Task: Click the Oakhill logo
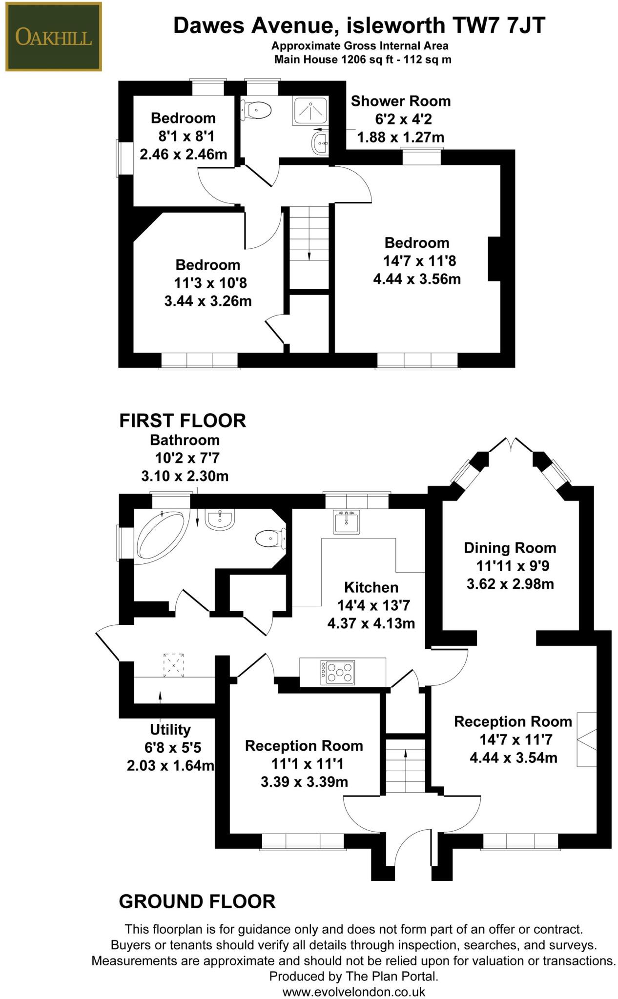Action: click(x=53, y=37)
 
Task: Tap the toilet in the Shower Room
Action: click(x=257, y=110)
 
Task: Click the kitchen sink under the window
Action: click(x=347, y=521)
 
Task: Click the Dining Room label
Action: click(x=510, y=548)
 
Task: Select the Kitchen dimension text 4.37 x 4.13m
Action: click(x=371, y=623)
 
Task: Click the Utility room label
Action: click(x=170, y=729)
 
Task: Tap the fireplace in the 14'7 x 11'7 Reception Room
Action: click(x=587, y=739)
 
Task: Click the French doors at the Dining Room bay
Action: click(x=512, y=445)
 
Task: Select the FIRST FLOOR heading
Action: click(x=183, y=420)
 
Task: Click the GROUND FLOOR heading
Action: click(x=197, y=901)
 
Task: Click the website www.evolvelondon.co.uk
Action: click(x=354, y=992)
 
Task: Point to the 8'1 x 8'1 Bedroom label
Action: click(x=183, y=118)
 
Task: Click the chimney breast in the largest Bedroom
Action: click(x=494, y=259)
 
